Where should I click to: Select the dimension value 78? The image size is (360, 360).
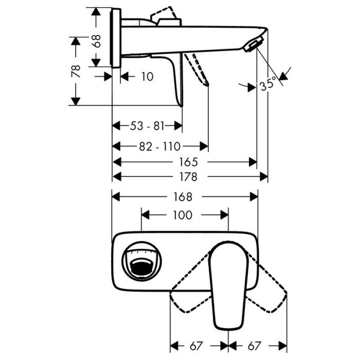[76, 71]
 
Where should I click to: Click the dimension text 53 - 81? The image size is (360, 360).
[147, 126]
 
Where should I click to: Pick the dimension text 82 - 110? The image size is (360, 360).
[160, 146]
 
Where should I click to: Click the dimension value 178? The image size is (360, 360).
[188, 177]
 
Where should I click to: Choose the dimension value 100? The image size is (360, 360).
[183, 215]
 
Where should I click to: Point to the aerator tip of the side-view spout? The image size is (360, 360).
[253, 45]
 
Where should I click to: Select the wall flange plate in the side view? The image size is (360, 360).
[116, 38]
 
